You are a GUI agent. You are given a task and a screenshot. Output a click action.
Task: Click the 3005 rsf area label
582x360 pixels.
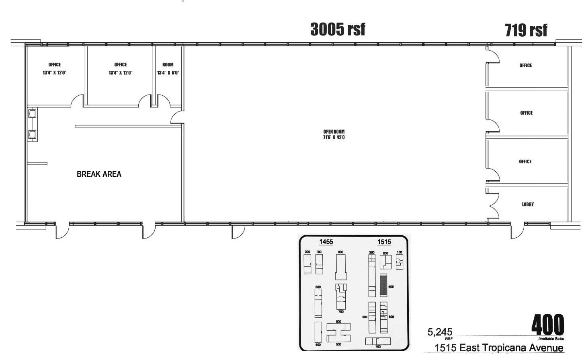[338, 29]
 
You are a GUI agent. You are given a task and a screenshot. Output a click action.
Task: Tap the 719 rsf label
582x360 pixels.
[526, 30]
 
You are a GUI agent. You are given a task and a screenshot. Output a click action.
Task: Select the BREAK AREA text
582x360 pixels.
[99, 174]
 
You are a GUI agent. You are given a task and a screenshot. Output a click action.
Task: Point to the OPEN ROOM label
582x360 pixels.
[334, 132]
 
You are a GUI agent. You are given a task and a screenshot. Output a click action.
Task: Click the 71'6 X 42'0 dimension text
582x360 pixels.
[334, 138]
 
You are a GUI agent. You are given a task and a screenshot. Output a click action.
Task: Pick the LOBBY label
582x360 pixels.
[528, 204]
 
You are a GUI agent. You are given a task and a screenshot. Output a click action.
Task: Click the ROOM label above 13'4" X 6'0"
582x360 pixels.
[168, 65]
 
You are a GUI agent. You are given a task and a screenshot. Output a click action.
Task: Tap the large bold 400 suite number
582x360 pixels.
[547, 325]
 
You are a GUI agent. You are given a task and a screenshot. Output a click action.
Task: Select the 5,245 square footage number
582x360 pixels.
[440, 332]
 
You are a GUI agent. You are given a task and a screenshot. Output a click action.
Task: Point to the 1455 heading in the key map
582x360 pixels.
[326, 242]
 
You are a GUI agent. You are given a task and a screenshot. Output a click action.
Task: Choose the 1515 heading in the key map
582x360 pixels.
[384, 242]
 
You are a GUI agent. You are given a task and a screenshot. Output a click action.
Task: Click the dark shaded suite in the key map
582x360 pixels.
[383, 286]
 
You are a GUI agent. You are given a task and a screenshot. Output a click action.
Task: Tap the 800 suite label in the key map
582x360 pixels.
[340, 252]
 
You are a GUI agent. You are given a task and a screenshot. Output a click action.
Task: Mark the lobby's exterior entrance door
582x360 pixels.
[518, 230]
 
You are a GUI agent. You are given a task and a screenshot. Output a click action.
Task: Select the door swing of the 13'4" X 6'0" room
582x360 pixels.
[163, 101]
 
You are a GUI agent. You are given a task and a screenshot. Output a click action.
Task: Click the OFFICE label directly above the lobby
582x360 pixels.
[525, 162]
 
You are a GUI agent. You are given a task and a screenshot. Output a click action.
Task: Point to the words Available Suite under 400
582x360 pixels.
[551, 339]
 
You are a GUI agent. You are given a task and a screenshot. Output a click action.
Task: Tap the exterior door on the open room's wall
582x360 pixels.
[238, 231]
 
